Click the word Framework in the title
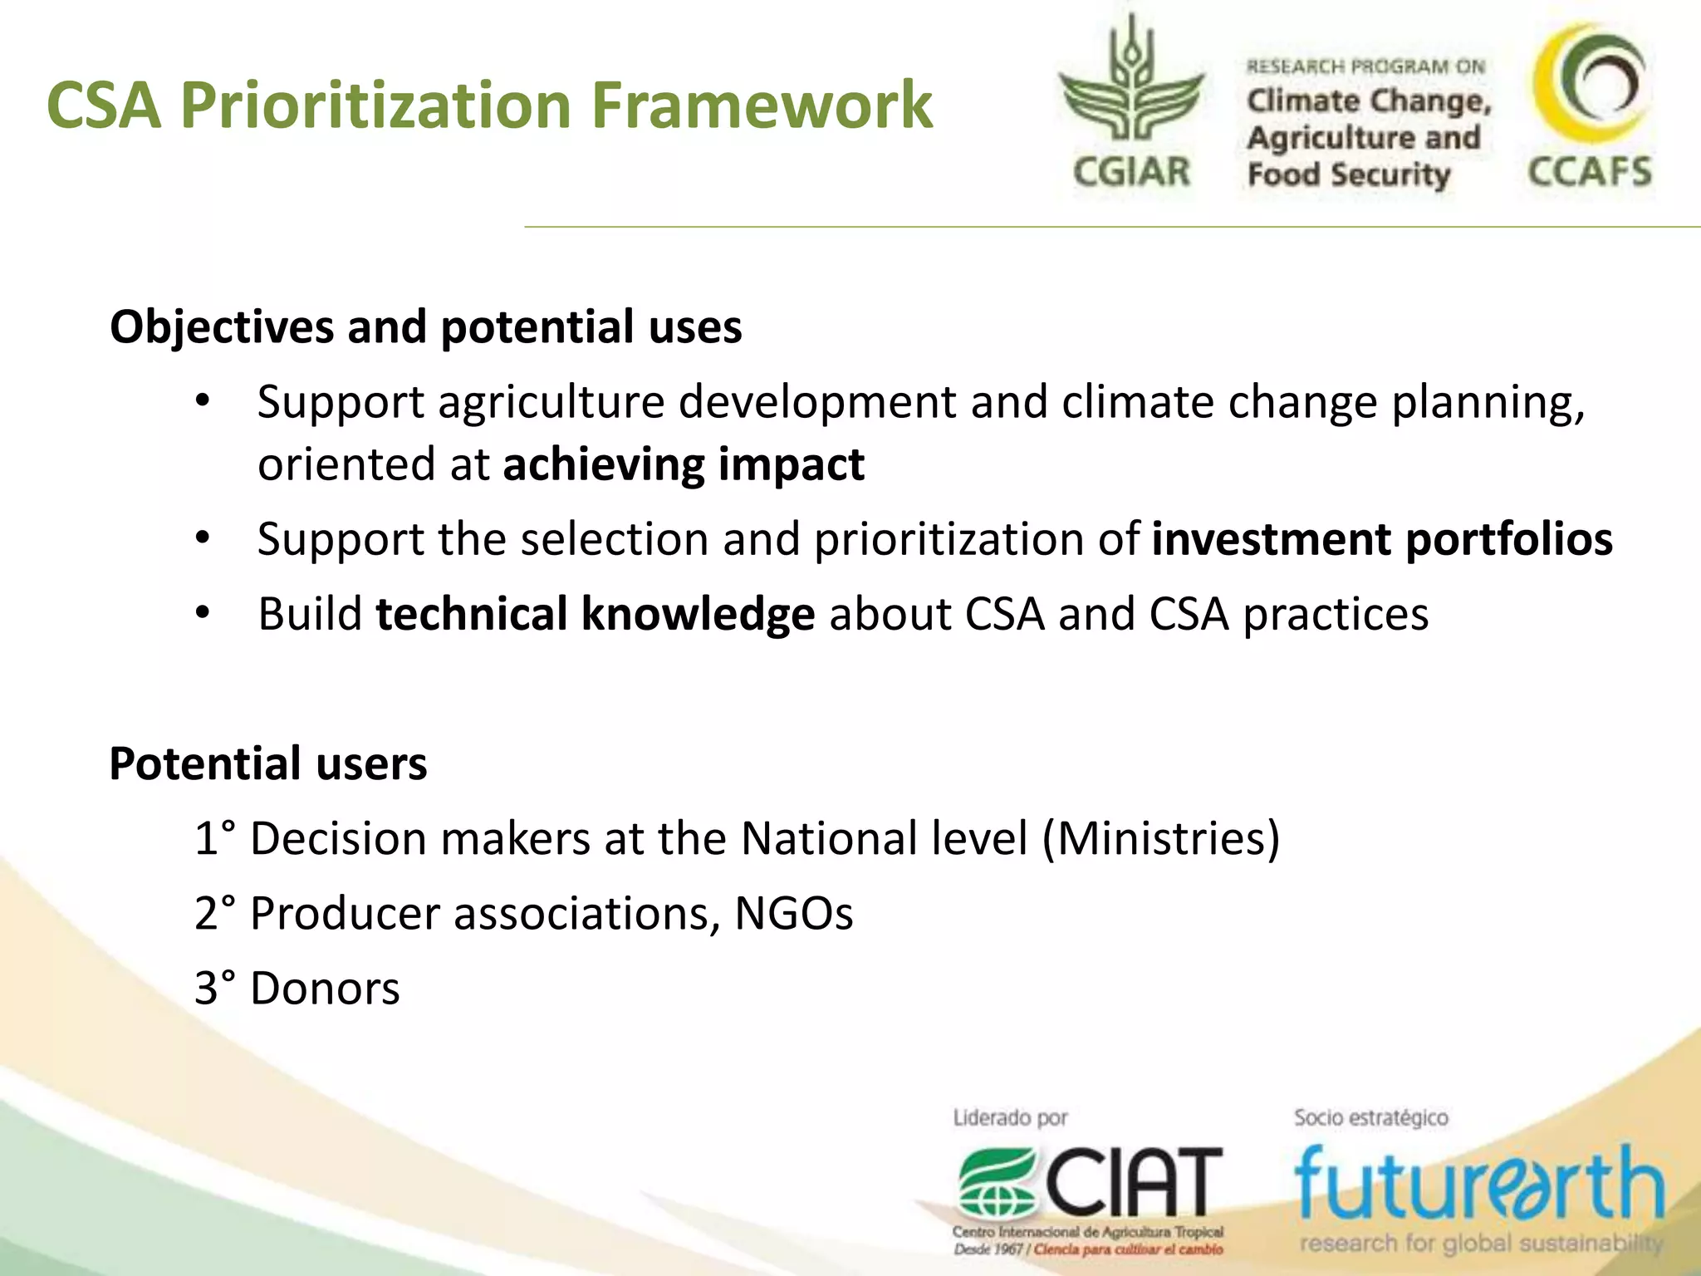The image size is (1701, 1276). tap(762, 106)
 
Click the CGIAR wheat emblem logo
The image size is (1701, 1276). tap(1131, 83)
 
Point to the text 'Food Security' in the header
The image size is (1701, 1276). tap(1348, 175)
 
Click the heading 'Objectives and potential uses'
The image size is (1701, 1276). tap(425, 326)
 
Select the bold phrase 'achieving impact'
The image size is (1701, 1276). tap(684, 464)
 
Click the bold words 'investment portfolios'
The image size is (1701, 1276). tap(1382, 539)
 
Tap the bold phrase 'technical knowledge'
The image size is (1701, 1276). tap(595, 615)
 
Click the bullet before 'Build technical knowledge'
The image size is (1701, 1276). tap(203, 614)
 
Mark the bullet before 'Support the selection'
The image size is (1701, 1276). tap(203, 538)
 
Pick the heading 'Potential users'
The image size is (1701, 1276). tap(267, 763)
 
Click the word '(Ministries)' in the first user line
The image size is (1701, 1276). tap(1161, 838)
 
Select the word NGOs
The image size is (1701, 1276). tap(793, 914)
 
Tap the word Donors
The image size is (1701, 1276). tap(325, 989)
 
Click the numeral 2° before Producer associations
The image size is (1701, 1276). tap(214, 914)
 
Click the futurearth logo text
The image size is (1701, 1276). tap(1478, 1184)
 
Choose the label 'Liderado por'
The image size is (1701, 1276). tap(1010, 1118)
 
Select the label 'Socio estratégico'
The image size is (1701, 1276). tap(1370, 1118)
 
